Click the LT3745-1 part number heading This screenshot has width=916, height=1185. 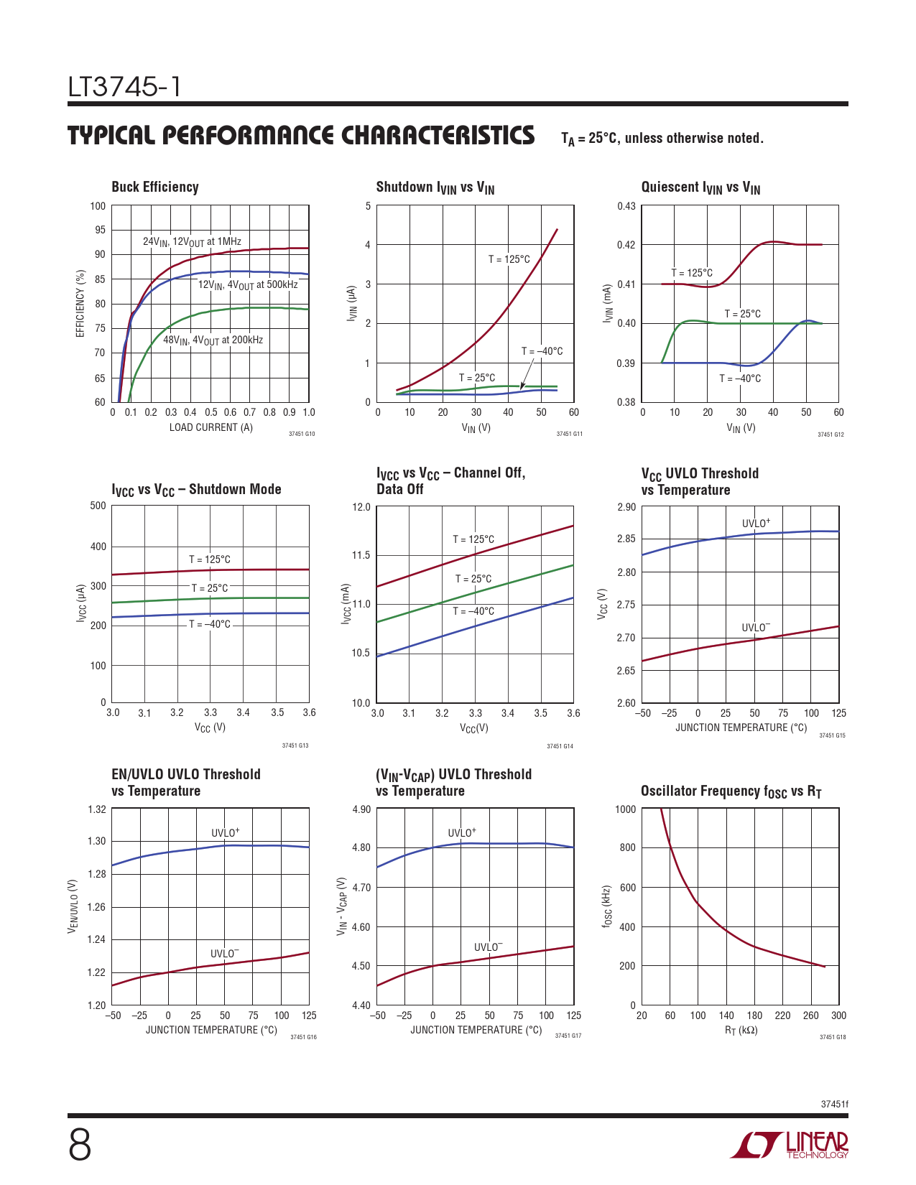pos(124,88)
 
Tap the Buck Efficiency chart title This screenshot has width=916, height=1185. pos(155,187)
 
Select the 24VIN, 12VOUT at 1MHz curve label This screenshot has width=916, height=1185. pos(192,242)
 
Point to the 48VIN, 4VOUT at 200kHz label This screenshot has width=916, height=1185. pos(213,340)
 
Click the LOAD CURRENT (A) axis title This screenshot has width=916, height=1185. pos(211,427)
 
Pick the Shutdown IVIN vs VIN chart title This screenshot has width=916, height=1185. pos(435,187)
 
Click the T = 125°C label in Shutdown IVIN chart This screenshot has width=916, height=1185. pos(509,259)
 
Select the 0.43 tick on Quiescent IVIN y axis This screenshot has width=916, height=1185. pos(626,206)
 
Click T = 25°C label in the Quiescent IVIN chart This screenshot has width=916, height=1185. pos(742,314)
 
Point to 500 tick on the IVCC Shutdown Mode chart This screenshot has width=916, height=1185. pos(98,506)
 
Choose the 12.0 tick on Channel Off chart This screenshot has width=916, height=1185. pos(361,507)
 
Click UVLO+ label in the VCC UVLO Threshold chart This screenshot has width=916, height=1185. pos(756,523)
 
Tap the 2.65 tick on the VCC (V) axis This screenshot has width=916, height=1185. pos(626,671)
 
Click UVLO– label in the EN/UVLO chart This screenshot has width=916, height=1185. pos(224,954)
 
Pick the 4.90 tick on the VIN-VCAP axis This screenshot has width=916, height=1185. pos(361,809)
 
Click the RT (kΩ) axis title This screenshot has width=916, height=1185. pos(741,1031)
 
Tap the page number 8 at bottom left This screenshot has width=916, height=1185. pos(80,1145)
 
